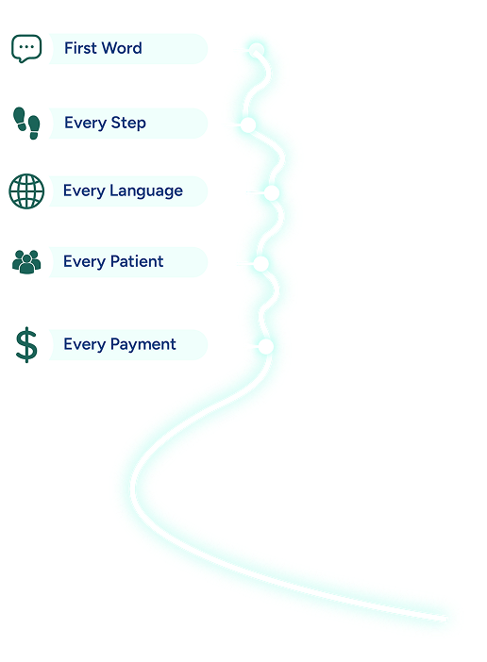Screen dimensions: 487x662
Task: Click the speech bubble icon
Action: pyautogui.click(x=26, y=48)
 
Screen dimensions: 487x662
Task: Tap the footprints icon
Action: pyautogui.click(x=26, y=123)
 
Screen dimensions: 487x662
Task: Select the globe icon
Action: pyautogui.click(x=26, y=191)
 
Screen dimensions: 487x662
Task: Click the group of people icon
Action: pyautogui.click(x=26, y=262)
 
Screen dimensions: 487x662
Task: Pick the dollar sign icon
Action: pyautogui.click(x=26, y=345)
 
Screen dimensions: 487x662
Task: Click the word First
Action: pyautogui.click(x=80, y=48)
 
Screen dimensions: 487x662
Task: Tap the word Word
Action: pyautogui.click(x=122, y=48)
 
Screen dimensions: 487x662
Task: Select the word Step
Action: pyautogui.click(x=128, y=124)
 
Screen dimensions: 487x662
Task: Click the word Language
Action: pyautogui.click(x=146, y=191)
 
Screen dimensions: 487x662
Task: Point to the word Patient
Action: pyautogui.click(x=137, y=261)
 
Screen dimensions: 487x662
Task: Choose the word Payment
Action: pyautogui.click(x=143, y=345)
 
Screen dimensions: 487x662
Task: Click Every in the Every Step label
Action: pyautogui.click(x=85, y=124)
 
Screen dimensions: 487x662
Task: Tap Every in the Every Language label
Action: pyautogui.click(x=84, y=191)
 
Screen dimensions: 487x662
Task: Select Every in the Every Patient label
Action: pyautogui.click(x=85, y=262)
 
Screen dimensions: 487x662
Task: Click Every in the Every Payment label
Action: pyautogui.click(x=85, y=345)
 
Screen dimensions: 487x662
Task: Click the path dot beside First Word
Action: pyautogui.click(x=257, y=50)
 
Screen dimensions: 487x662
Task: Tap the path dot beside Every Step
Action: pyautogui.click(x=248, y=125)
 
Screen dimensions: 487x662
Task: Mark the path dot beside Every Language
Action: pyautogui.click(x=272, y=193)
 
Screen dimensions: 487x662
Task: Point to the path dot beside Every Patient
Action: pyautogui.click(x=261, y=264)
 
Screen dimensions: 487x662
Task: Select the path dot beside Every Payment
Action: pyautogui.click(x=265, y=347)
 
